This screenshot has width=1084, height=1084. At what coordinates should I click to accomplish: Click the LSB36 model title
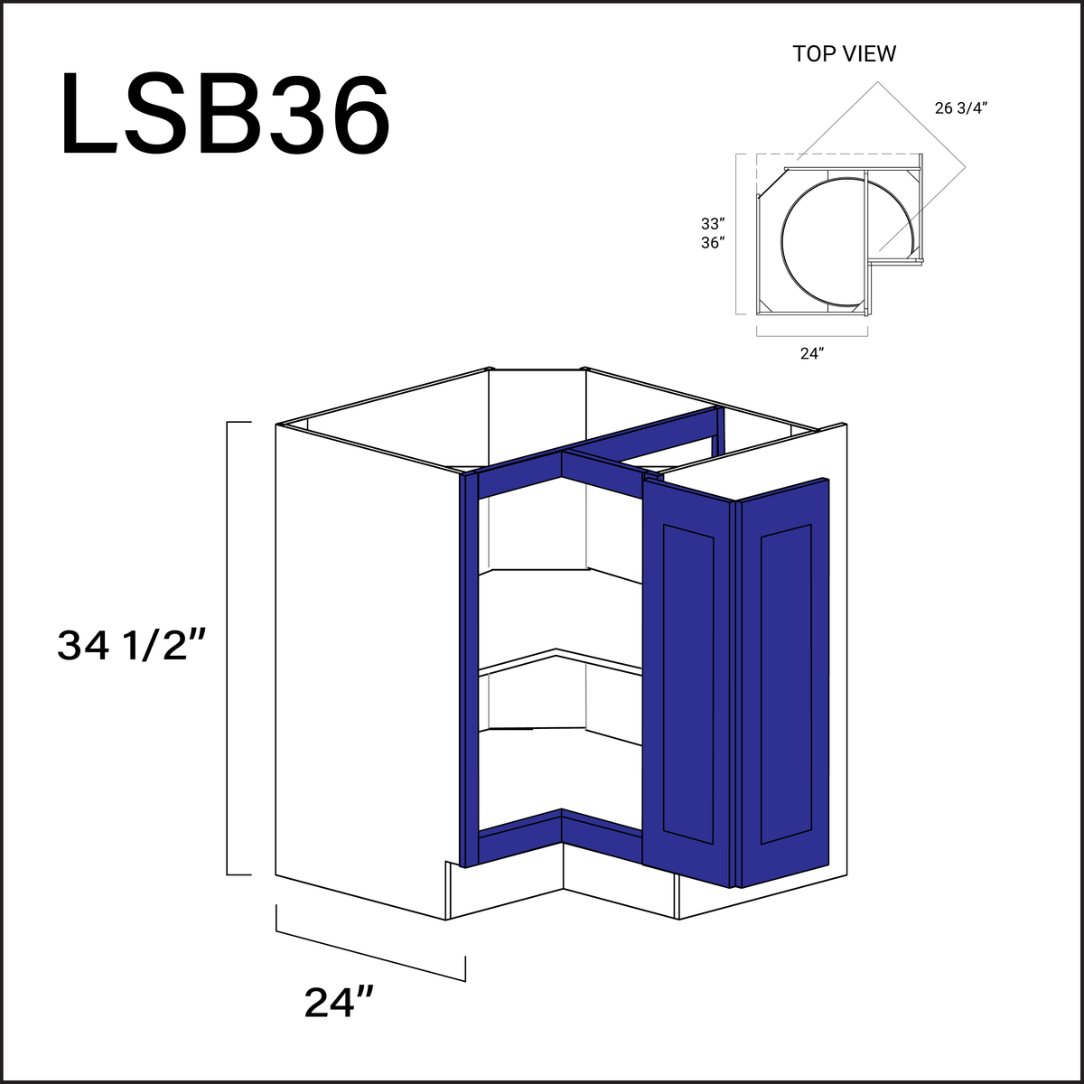click(226, 116)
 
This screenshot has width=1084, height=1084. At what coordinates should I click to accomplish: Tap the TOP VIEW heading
click(844, 54)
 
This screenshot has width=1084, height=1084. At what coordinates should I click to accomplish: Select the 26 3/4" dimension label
click(961, 108)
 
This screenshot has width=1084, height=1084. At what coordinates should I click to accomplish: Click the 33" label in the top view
click(713, 223)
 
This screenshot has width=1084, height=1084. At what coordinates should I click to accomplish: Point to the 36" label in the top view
click(713, 242)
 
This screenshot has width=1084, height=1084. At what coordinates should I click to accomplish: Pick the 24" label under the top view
click(811, 354)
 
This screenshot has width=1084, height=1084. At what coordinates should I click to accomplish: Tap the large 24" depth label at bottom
click(339, 1003)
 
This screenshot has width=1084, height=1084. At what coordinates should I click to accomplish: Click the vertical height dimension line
click(227, 648)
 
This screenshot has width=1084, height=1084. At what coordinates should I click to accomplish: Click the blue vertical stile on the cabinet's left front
click(467, 668)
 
